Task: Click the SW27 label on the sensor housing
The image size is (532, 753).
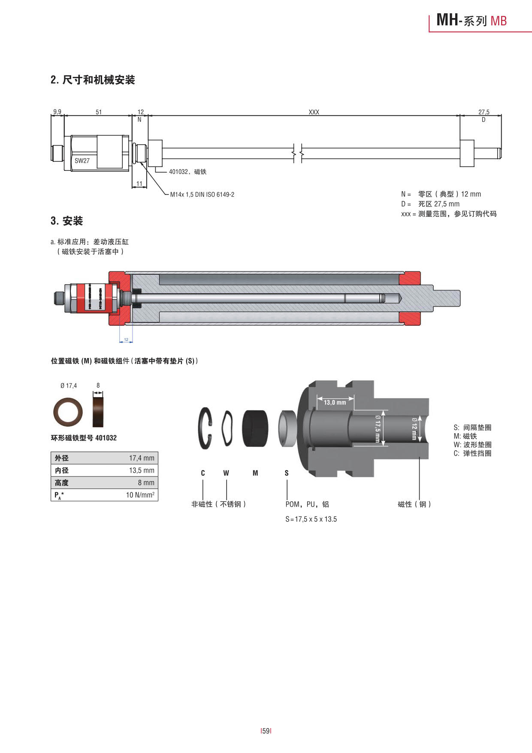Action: pos(82,161)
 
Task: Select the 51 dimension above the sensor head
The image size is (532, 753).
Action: pos(99,112)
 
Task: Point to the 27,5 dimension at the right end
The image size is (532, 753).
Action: pos(484,112)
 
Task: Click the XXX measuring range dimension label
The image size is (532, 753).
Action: pos(314,112)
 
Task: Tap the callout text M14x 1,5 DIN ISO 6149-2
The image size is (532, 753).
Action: pos(202,194)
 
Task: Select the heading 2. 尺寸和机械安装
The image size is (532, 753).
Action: pos(93,80)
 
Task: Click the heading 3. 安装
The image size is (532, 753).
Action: pos(66,221)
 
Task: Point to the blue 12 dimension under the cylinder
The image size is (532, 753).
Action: pos(126,340)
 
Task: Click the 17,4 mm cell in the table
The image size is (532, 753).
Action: pos(142,458)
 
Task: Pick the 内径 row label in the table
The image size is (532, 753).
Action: pos(62,471)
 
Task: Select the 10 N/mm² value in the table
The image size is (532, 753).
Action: pos(140,495)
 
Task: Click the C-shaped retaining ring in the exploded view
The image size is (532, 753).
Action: pos(205,428)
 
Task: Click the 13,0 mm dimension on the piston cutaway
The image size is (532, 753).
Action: pos(335,402)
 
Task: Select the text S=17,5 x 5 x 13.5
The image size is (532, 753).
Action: pos(311,519)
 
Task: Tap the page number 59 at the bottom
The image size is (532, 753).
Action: pos(266,731)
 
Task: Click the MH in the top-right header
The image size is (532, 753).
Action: pos(447,20)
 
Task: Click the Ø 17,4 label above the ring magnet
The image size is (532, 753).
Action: pos(69,386)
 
